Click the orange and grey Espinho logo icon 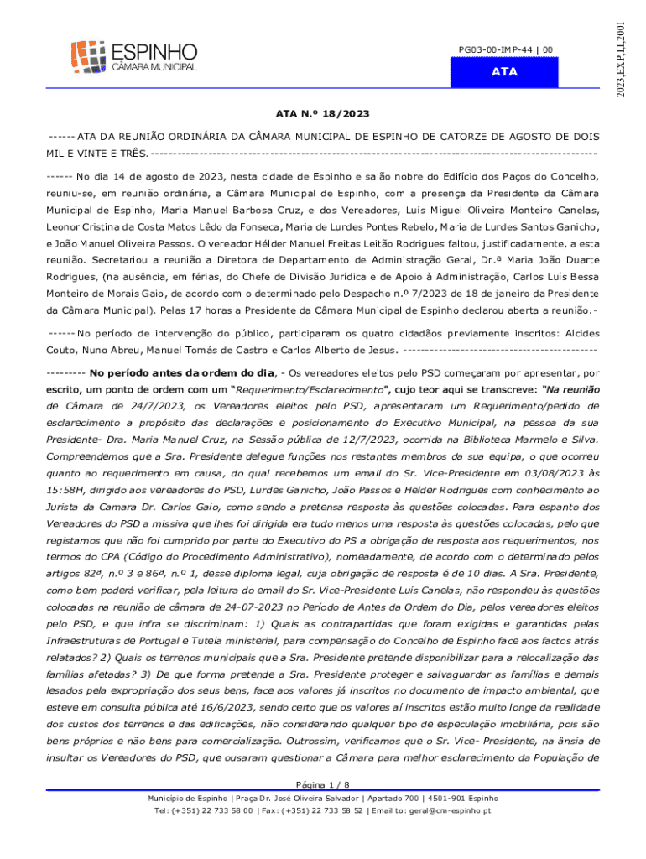(87, 55)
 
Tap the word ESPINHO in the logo (154, 50)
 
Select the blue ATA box (504, 72)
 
